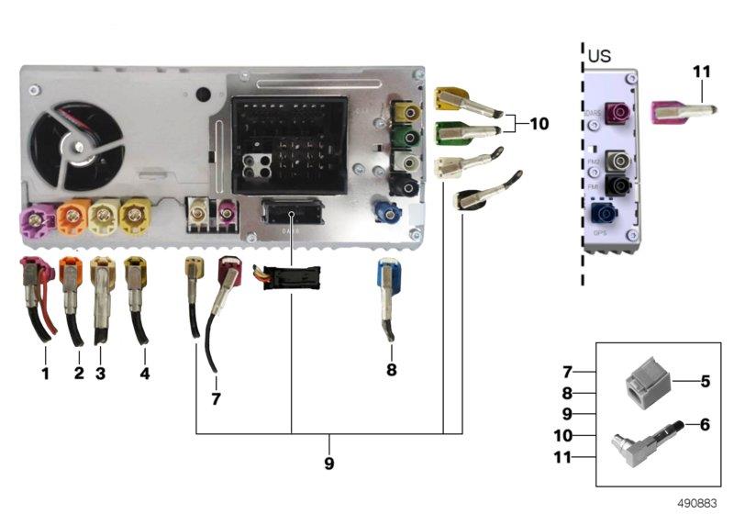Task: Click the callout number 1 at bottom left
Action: (45, 373)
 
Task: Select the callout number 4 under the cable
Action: (144, 373)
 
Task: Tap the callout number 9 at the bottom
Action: (328, 464)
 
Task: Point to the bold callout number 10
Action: (539, 122)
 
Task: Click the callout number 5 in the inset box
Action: (705, 379)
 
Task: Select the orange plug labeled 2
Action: (72, 276)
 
